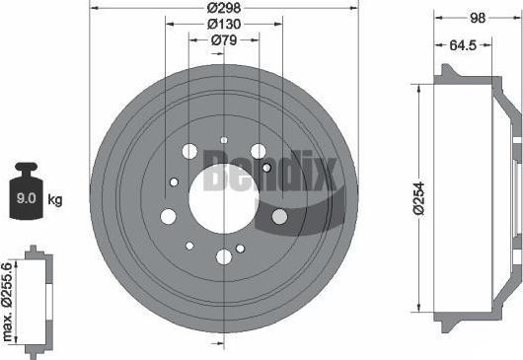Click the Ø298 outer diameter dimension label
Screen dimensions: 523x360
point(223,7)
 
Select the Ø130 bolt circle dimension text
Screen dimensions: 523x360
point(224,24)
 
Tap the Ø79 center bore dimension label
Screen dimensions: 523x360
point(224,40)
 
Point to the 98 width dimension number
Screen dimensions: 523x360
point(478,18)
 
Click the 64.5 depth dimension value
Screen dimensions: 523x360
point(463,45)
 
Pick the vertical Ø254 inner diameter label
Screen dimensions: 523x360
point(419,198)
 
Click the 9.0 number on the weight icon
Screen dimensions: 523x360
point(26,198)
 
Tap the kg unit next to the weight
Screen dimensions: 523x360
point(55,199)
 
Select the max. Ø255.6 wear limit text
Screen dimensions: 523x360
point(7,302)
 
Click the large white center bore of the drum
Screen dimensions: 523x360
point(223,199)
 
